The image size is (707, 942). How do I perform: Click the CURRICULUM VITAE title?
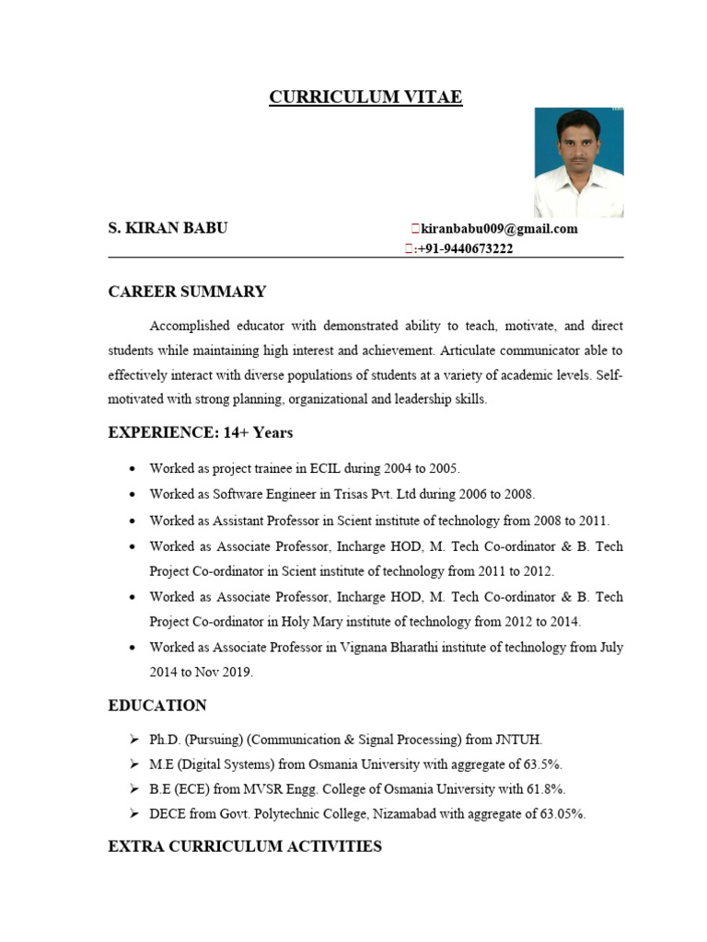click(x=365, y=98)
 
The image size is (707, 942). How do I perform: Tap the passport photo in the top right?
click(x=579, y=163)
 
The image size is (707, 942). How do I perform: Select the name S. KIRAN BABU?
click(x=168, y=228)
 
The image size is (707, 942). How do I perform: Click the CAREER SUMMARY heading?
click(x=187, y=292)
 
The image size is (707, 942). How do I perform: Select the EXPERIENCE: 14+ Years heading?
click(x=201, y=432)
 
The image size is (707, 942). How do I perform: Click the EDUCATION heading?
click(x=157, y=706)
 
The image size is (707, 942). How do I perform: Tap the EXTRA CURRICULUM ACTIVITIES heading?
click(x=245, y=845)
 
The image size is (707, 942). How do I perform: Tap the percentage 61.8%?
click(x=545, y=789)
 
